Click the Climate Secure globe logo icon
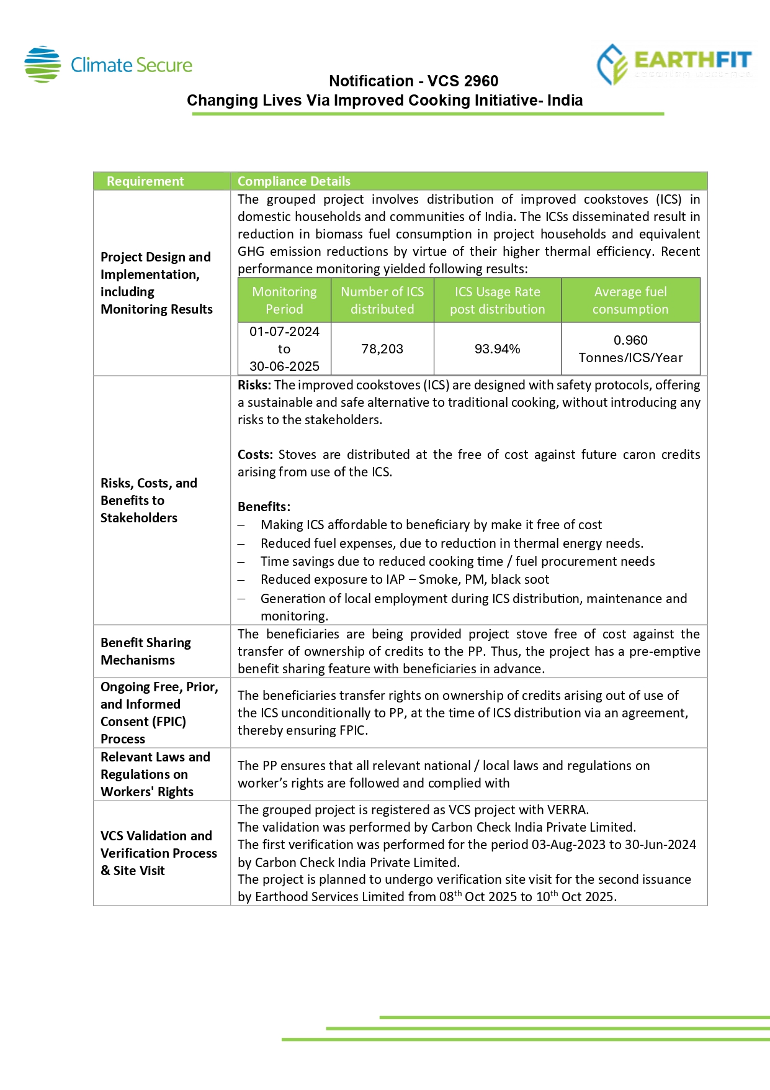42,65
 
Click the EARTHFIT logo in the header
674,64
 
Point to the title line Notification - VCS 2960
413,81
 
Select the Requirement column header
145,181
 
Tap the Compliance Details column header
293,181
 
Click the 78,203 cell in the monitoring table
382,349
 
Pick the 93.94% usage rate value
497,349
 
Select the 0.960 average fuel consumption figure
630,340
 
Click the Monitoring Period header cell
284,301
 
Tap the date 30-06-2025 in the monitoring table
284,366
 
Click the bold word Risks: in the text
254,385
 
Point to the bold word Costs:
255,455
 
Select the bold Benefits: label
264,507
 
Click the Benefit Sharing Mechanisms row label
146,652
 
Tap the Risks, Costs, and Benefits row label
149,501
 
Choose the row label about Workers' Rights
155,774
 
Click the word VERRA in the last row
566,810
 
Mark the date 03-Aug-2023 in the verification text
567,845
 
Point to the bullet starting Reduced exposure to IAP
405,579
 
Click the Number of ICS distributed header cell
382,301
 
